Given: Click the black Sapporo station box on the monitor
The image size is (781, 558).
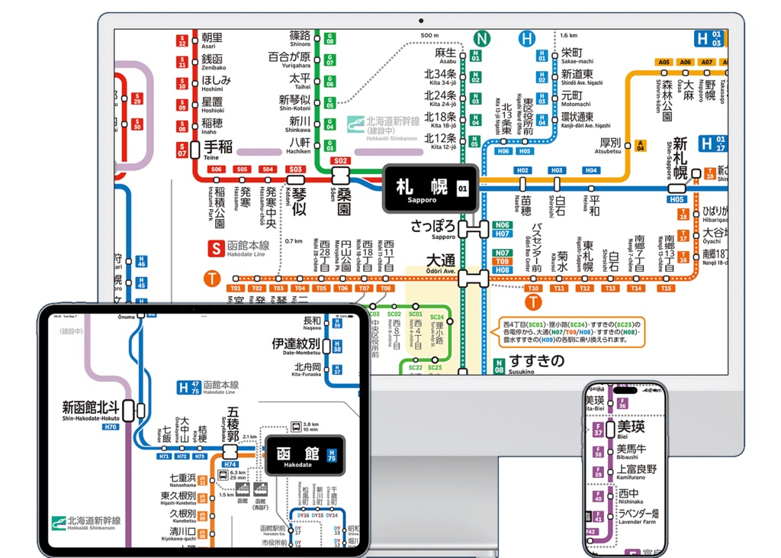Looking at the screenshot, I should tap(430, 188).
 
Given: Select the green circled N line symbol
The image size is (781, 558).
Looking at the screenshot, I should tap(481, 38).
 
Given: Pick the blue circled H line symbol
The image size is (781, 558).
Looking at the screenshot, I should tap(526, 38).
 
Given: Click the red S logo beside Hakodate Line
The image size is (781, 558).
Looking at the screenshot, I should tap(217, 247).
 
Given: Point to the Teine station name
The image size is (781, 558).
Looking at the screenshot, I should tap(217, 147).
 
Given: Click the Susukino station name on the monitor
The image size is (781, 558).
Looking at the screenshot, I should tap(536, 362).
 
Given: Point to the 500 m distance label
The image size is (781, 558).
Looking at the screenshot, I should tap(430, 36).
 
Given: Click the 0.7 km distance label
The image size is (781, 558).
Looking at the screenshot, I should tap(294, 241).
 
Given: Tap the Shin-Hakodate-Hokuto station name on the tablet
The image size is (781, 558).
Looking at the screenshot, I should tap(90, 409).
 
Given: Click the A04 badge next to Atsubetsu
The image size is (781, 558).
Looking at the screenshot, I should tap(641, 145).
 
